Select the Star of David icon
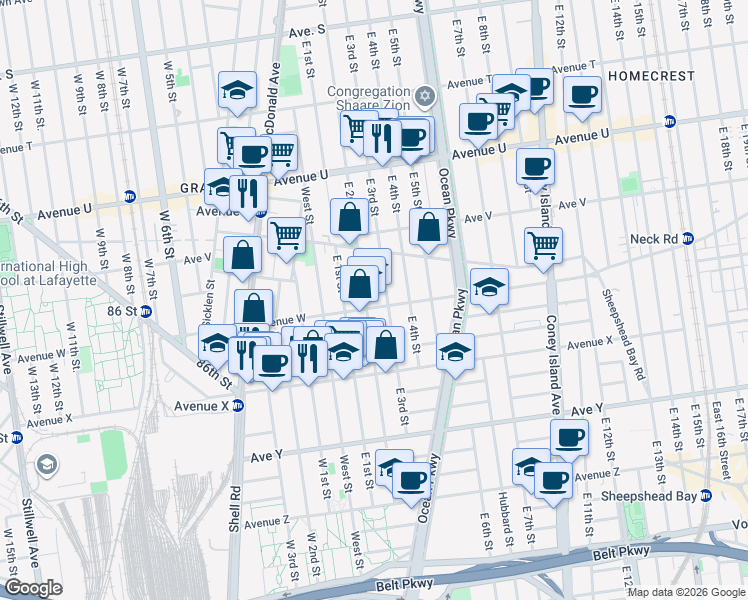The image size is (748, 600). (426, 97)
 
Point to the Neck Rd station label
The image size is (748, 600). (654, 239)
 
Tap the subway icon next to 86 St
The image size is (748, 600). (146, 311)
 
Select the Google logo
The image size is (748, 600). (33, 588)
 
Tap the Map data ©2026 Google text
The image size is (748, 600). (687, 592)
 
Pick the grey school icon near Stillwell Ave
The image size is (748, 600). (47, 465)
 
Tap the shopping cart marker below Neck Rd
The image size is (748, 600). (543, 243)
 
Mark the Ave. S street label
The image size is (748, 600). (308, 31)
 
